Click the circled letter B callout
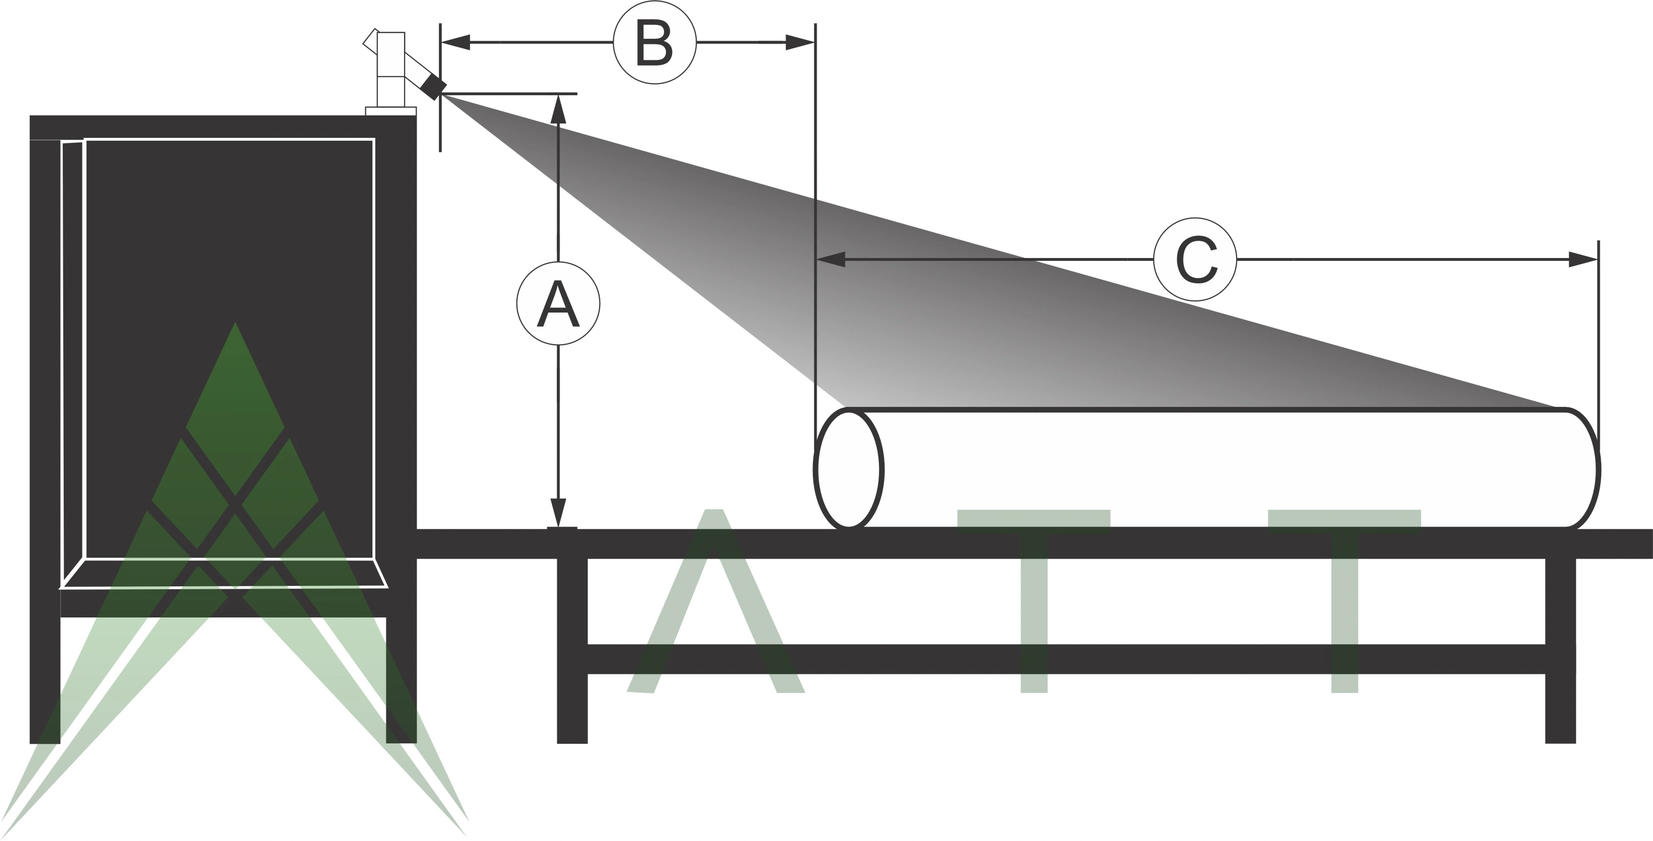pos(654,42)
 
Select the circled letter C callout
pos(1195,260)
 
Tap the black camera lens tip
pos(433,87)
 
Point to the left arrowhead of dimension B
pos(456,42)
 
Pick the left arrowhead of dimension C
pos(831,260)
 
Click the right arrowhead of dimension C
pos(1583,260)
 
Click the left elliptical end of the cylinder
pos(849,469)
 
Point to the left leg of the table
pos(572,648)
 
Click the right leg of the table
pos(1561,648)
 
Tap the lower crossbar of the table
pos(1065,659)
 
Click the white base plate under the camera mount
pos(390,111)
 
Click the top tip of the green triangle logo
pos(235,325)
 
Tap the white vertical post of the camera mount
pos(391,70)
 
